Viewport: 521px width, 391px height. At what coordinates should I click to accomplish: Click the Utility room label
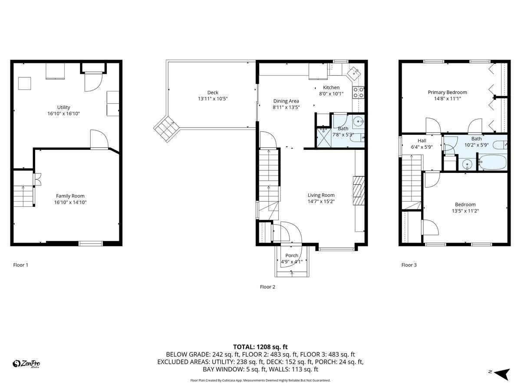(63, 107)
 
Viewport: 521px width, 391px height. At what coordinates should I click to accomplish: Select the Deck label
(212, 93)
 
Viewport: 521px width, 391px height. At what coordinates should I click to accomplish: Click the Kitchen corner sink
(355, 73)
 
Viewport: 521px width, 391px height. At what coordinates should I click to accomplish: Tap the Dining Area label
(286, 101)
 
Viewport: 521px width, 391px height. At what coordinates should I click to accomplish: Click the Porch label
(292, 255)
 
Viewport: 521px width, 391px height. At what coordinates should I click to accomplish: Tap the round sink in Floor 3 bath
(467, 164)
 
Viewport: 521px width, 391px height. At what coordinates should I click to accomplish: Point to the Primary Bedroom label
(447, 92)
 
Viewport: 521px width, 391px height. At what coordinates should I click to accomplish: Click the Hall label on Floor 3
(422, 141)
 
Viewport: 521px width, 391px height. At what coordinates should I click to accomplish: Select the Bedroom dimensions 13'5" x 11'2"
(465, 211)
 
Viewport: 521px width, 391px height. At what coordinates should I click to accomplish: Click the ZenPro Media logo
(27, 364)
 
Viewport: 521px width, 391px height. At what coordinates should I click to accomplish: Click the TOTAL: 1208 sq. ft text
(260, 347)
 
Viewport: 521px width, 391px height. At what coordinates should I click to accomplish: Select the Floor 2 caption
(267, 287)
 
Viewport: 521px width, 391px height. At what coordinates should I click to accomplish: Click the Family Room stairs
(23, 195)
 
